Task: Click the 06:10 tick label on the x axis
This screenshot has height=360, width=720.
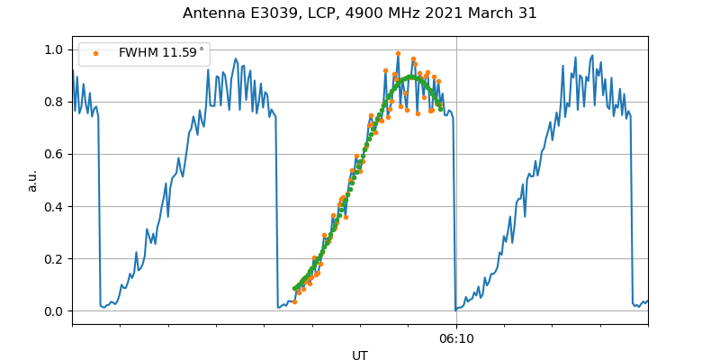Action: click(x=456, y=339)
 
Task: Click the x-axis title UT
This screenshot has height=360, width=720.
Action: click(x=360, y=355)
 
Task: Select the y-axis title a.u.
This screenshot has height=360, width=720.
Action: click(x=32, y=180)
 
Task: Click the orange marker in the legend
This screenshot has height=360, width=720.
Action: click(x=96, y=53)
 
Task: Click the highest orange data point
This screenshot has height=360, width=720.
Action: click(x=398, y=53)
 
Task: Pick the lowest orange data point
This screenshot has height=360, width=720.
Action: click(x=294, y=301)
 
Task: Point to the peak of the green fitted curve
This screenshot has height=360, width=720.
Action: click(x=411, y=77)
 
